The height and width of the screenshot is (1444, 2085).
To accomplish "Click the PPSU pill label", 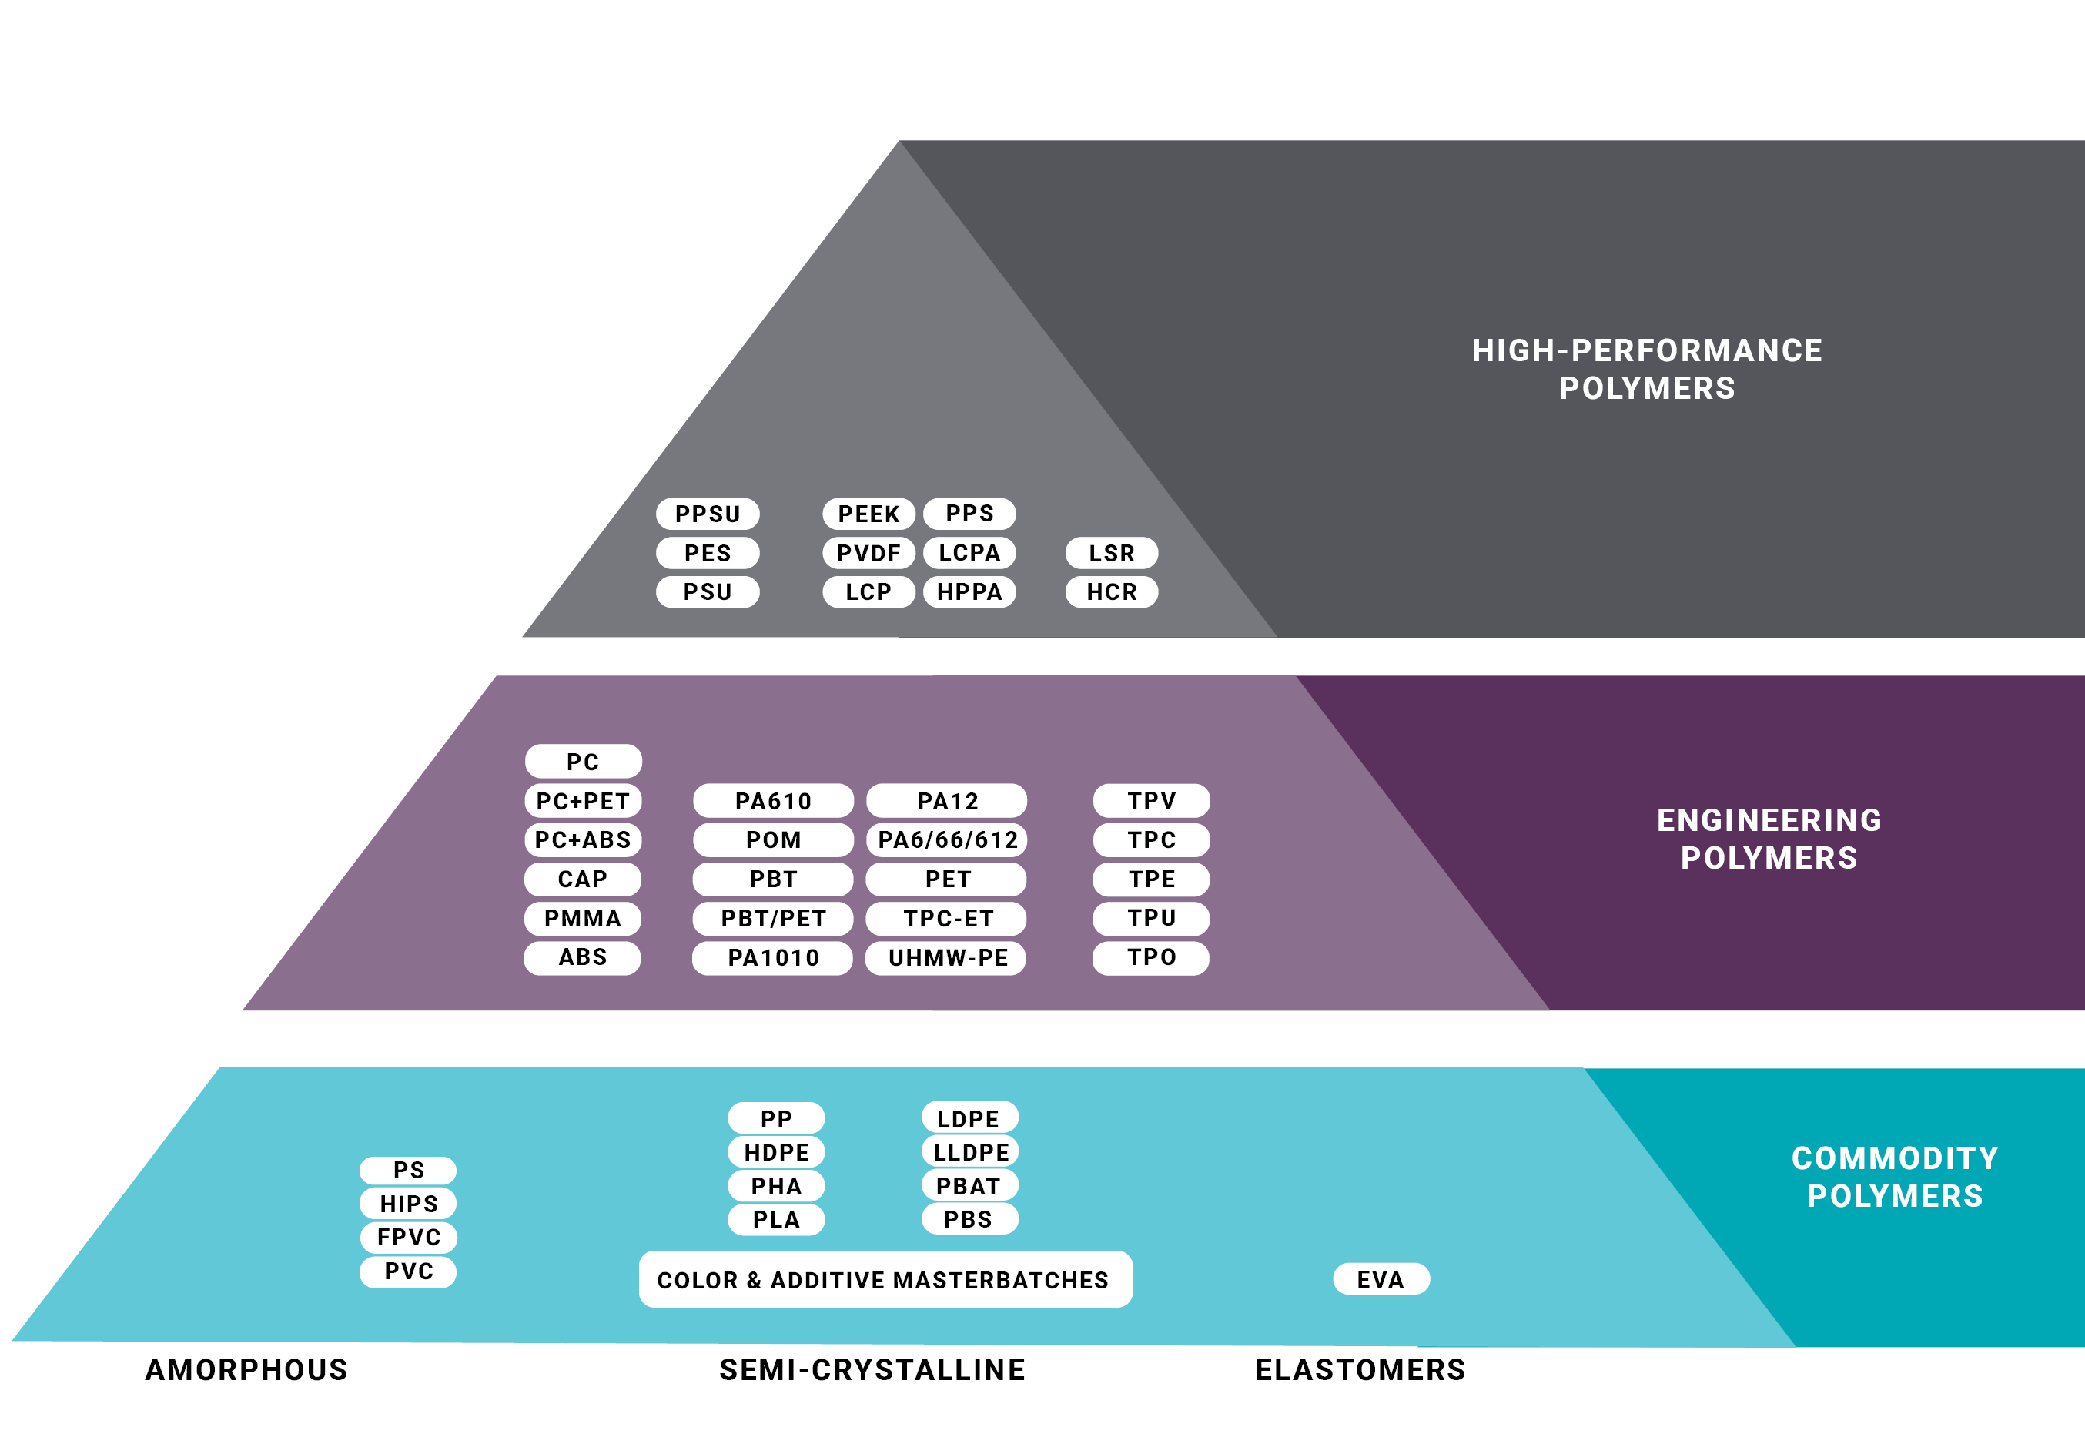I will point(708,514).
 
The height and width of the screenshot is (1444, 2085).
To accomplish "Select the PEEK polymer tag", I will point(868,514).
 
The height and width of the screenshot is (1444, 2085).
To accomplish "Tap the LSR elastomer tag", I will point(1112,553).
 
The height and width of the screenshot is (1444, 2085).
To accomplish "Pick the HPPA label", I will point(969,591).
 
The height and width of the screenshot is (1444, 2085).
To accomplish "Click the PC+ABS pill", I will point(583,839).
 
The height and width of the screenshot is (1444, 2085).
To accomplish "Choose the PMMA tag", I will point(583,918).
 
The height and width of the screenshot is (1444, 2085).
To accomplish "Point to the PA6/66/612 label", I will point(947,839).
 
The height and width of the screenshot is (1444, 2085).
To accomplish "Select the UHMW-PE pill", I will point(947,957).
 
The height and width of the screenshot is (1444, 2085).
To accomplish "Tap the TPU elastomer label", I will point(1152,918).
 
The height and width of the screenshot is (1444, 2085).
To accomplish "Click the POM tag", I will point(773,839).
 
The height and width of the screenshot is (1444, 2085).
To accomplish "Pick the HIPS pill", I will point(408,1203).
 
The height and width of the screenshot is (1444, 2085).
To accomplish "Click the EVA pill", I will point(1381,1279).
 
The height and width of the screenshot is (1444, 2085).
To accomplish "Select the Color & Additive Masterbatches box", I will point(885,1279).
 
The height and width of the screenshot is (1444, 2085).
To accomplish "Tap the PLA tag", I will point(776,1220).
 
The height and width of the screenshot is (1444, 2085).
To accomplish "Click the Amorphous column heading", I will point(246,1370).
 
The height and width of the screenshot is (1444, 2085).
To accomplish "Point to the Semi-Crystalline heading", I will point(872,1370).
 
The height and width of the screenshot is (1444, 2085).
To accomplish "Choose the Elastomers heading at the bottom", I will point(1360,1370).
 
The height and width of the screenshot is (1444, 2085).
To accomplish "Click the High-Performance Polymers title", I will point(1646,369).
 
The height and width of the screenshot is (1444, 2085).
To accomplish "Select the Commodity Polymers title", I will point(1894,1177).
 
